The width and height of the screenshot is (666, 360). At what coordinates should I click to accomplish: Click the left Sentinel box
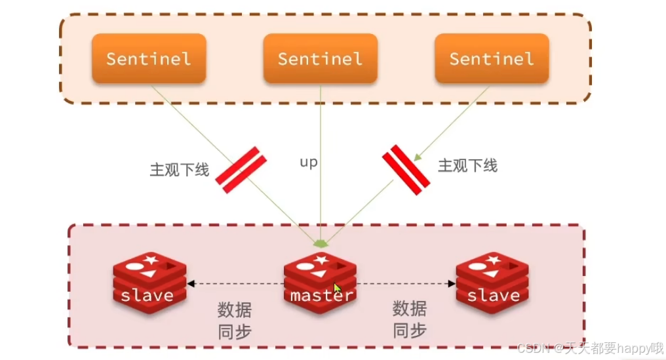(x=149, y=58)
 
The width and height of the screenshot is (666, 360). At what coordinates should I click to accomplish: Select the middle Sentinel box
(x=320, y=58)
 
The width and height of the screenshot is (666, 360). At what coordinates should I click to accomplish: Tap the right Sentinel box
(x=492, y=58)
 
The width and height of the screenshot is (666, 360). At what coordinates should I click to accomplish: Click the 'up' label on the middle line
(x=308, y=162)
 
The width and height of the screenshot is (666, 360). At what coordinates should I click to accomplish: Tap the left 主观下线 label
(x=179, y=170)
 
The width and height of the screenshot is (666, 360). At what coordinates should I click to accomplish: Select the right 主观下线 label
(x=467, y=165)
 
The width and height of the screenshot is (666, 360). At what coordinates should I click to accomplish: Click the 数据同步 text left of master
(x=234, y=320)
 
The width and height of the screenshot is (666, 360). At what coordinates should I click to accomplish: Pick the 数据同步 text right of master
(x=410, y=319)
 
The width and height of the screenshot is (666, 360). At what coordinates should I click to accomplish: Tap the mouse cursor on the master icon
(x=337, y=289)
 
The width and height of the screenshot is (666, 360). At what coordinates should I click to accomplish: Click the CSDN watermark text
(x=590, y=348)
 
